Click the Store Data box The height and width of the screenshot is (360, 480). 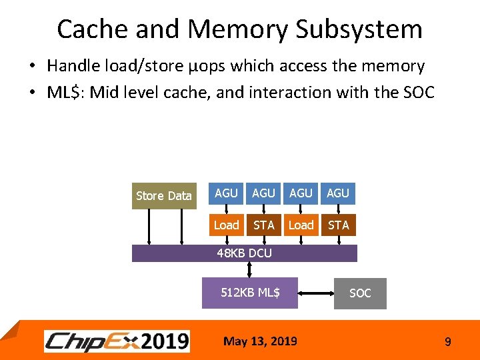click(164, 195)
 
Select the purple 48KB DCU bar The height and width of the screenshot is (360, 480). click(245, 253)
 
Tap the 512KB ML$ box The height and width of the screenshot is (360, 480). click(250, 293)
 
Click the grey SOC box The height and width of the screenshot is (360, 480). click(360, 293)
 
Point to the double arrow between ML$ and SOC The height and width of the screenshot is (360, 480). click(315, 293)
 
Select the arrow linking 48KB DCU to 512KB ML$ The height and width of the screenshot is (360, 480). click(249, 269)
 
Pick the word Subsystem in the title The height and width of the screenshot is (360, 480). click(359, 29)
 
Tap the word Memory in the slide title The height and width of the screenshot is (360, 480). click(238, 29)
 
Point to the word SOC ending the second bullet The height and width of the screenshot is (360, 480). click(417, 92)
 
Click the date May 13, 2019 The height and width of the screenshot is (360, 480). click(260, 341)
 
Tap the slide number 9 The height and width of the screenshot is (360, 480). click(447, 342)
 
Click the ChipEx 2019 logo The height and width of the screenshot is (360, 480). click(117, 341)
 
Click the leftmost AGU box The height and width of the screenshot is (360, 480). click(227, 193)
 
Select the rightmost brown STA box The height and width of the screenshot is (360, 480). click(339, 225)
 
